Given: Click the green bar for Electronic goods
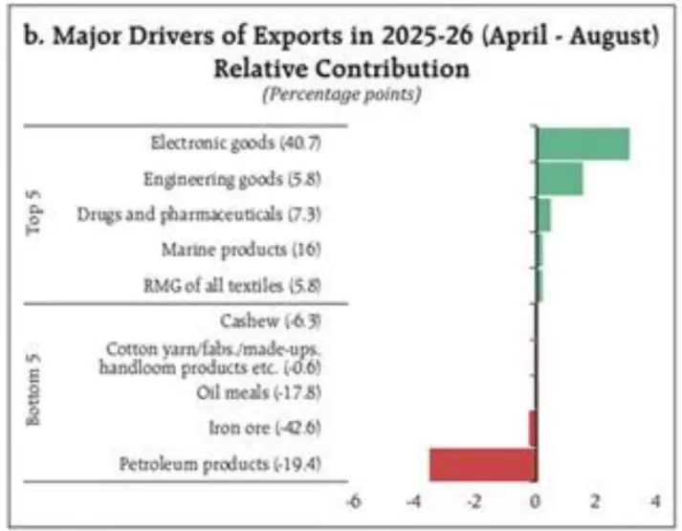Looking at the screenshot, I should point(583,144).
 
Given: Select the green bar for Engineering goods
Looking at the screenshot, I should point(560,179).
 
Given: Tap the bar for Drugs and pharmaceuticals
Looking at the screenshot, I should point(543,214).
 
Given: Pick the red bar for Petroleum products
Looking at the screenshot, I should point(482,465).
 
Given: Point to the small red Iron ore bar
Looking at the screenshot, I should point(532,428).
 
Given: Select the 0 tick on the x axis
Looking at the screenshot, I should point(536,501).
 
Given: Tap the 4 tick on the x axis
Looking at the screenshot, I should point(656,501).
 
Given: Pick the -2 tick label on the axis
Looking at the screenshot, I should point(473,501).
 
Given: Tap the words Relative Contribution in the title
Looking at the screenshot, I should point(341,68).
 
